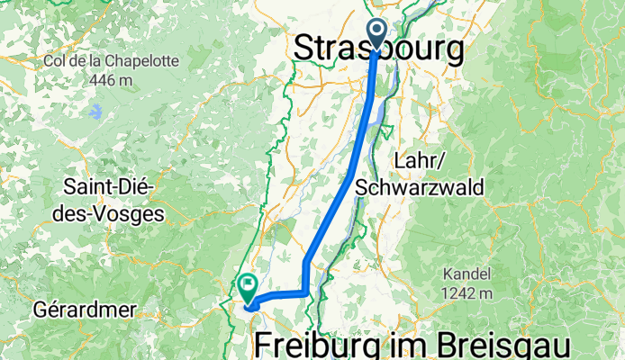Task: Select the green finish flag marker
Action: tap(249, 286)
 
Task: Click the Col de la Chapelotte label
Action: tap(111, 62)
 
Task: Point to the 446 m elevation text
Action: tap(111, 79)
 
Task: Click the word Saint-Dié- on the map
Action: tap(109, 188)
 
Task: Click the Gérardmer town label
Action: tap(85, 310)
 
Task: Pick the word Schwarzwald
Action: tap(421, 187)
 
